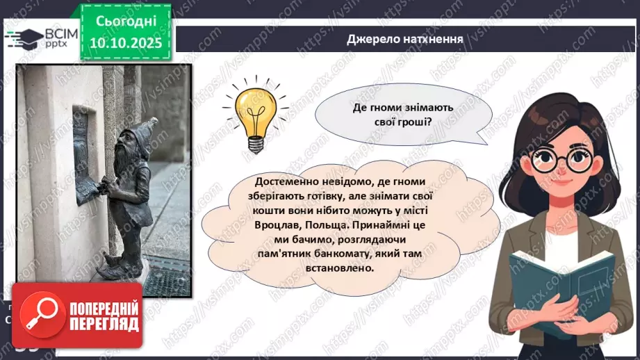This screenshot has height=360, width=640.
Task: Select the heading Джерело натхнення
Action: (405, 39)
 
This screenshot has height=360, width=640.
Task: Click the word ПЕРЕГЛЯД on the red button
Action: (103, 324)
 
